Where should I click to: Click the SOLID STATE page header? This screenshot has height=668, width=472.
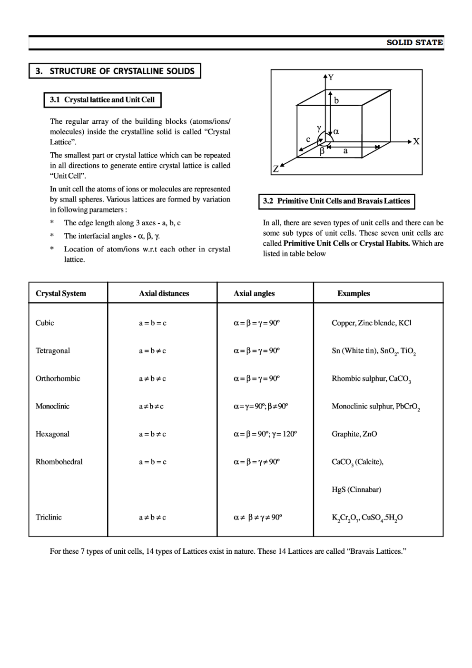coord(414,43)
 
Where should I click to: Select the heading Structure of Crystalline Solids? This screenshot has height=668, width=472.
coord(115,71)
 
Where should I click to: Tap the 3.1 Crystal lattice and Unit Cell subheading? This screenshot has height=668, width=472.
coord(102,100)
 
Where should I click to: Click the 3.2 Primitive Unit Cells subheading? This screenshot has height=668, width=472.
coord(336,201)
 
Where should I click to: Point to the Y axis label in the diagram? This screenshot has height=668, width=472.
coord(331,77)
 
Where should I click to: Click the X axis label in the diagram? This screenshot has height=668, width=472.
coord(416,141)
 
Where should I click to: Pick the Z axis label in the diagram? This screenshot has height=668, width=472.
coord(275,169)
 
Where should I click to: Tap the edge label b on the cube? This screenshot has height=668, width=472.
coord(336,100)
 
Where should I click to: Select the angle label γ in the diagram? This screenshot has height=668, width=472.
coord(319,128)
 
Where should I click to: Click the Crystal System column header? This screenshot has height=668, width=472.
coord(61,294)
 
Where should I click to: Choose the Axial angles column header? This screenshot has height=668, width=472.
coord(254,294)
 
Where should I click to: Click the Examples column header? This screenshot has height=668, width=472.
coord(354,294)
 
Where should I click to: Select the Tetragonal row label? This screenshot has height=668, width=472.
coord(53,351)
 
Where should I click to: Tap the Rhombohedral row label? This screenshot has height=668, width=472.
coord(59,462)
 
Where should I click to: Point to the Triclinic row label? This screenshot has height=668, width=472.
coord(49,518)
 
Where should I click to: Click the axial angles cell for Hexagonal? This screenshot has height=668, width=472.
coord(265,434)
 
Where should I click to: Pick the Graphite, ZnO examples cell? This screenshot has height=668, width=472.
coord(354,434)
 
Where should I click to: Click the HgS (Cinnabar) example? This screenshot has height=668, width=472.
coord(356,490)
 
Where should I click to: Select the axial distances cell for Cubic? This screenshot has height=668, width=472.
coord(153,323)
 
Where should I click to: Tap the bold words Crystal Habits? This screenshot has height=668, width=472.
coord(384,244)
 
